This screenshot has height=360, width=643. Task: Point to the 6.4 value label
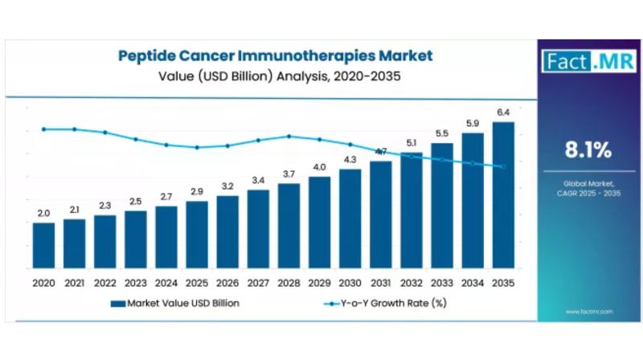tap(504, 112)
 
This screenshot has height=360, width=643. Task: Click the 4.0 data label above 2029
tap(319, 167)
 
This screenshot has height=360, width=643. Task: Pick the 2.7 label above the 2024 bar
tap(166, 196)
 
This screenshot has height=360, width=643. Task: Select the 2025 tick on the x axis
tap(197, 283)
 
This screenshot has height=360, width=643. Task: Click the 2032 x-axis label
tap(412, 283)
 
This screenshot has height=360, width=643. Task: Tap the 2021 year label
tap(74, 283)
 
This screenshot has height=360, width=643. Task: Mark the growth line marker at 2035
tap(503, 166)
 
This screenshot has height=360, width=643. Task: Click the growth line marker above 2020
tap(43, 129)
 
